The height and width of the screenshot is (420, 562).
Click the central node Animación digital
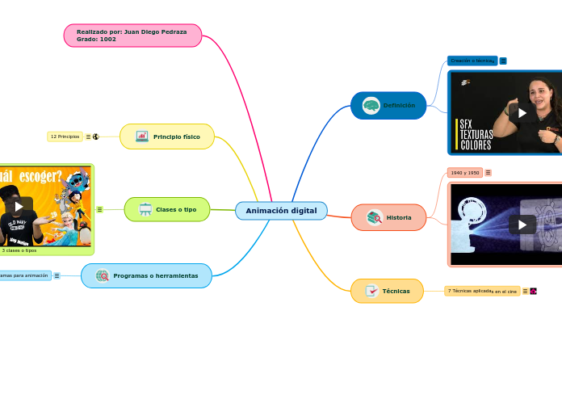tap(281, 211)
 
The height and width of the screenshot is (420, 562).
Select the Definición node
tap(388, 105)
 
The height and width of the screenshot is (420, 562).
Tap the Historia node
tap(388, 217)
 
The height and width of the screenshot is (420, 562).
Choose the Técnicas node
tap(387, 291)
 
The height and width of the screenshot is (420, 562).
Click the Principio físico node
tap(167, 136)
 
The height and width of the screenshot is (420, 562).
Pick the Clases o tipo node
tap(167, 209)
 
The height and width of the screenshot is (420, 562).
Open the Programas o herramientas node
tap(147, 275)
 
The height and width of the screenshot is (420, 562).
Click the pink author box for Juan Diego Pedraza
tap(132, 36)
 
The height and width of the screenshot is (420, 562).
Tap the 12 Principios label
tap(65, 136)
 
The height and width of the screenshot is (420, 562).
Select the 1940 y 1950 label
tap(465, 173)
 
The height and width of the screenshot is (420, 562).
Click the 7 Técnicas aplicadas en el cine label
tap(482, 291)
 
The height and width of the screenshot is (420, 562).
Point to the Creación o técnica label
tap(472, 61)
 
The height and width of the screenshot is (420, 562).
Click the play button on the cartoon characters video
tap(19, 206)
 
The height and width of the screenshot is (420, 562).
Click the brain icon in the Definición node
tap(371, 105)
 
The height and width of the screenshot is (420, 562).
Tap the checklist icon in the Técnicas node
tap(371, 291)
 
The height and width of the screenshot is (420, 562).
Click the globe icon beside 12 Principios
tap(95, 136)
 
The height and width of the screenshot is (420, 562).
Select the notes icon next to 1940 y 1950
tap(488, 173)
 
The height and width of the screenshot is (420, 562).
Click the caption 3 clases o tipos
tap(19, 250)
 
